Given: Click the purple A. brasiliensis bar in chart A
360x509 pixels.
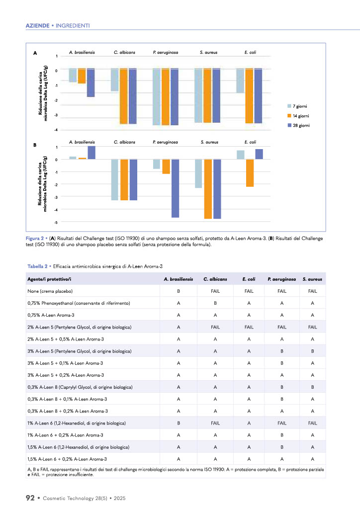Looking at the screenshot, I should point(91,83).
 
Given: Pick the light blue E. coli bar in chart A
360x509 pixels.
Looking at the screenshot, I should point(240,81).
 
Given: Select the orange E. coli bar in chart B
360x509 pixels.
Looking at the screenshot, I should point(250,173).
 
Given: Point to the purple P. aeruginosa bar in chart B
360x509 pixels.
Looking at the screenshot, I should point(175,188).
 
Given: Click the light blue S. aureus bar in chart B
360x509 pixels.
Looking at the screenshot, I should point(198,173).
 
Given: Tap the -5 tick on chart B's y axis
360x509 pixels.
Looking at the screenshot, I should point(56,222).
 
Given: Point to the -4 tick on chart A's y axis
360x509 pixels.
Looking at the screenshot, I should point(56,130).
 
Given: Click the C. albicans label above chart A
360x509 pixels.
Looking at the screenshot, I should point(124,52).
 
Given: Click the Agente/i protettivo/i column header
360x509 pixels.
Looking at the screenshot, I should point(49,279).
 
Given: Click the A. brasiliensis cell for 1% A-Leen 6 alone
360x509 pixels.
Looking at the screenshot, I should point(179,423).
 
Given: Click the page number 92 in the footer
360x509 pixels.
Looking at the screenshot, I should point(30,497).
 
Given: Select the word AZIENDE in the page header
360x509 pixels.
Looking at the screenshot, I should point(37,25).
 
